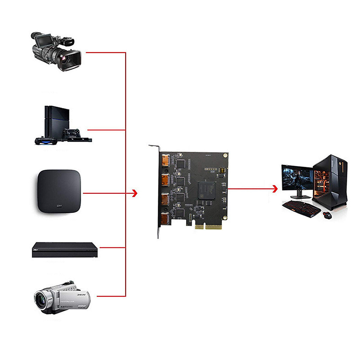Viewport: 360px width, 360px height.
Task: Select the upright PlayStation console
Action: [57, 120]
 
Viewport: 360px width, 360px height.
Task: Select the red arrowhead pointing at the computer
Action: [274, 189]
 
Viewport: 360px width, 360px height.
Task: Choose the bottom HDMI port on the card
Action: [165, 219]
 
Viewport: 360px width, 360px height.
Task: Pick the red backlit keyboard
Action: [301, 208]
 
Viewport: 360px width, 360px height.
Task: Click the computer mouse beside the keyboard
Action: [327, 215]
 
